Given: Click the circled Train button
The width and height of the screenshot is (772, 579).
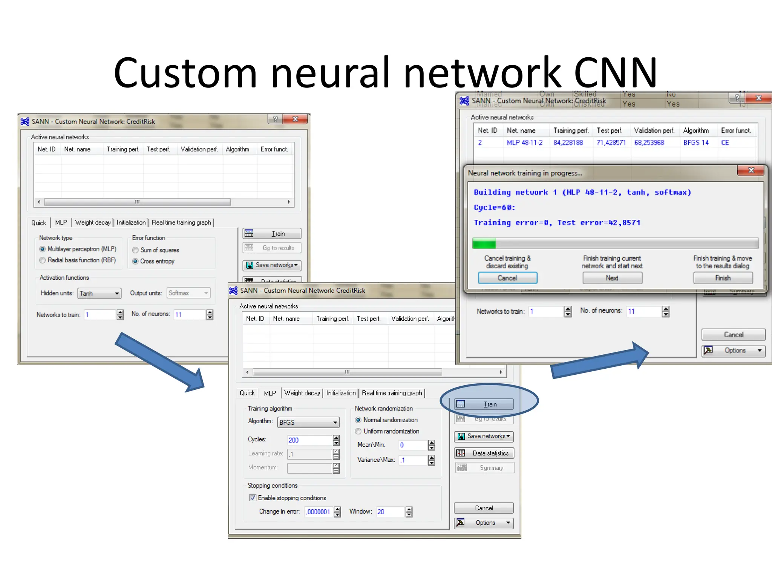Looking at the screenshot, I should click(484, 404).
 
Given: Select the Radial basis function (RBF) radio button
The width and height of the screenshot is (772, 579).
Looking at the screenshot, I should click(43, 260).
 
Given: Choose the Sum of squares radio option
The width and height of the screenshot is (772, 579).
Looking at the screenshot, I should click(135, 250).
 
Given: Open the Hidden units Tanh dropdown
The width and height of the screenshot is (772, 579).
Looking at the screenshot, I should click(100, 293).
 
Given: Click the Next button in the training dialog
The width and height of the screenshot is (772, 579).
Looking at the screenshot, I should click(612, 278).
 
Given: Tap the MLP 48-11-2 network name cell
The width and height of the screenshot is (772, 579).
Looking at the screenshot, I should click(524, 142).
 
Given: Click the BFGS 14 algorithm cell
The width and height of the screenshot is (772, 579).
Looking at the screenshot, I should click(696, 142).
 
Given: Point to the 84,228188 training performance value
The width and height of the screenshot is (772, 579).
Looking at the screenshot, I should click(568, 142).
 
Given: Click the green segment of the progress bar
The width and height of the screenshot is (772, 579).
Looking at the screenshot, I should click(484, 244).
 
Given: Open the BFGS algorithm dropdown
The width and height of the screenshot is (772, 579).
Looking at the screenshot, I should click(308, 422).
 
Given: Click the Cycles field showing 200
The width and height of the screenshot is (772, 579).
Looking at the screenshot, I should click(309, 440).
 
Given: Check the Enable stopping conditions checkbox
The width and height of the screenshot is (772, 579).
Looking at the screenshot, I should click(253, 498).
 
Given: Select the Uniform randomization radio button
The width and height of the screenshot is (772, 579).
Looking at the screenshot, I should click(358, 431).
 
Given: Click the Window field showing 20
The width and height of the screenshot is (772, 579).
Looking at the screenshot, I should click(390, 512).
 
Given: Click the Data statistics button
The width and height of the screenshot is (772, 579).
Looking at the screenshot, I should click(484, 453).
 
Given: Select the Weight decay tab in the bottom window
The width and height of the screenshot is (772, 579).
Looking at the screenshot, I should click(302, 393).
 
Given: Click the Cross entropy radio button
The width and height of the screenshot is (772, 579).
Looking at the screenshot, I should click(135, 261).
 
